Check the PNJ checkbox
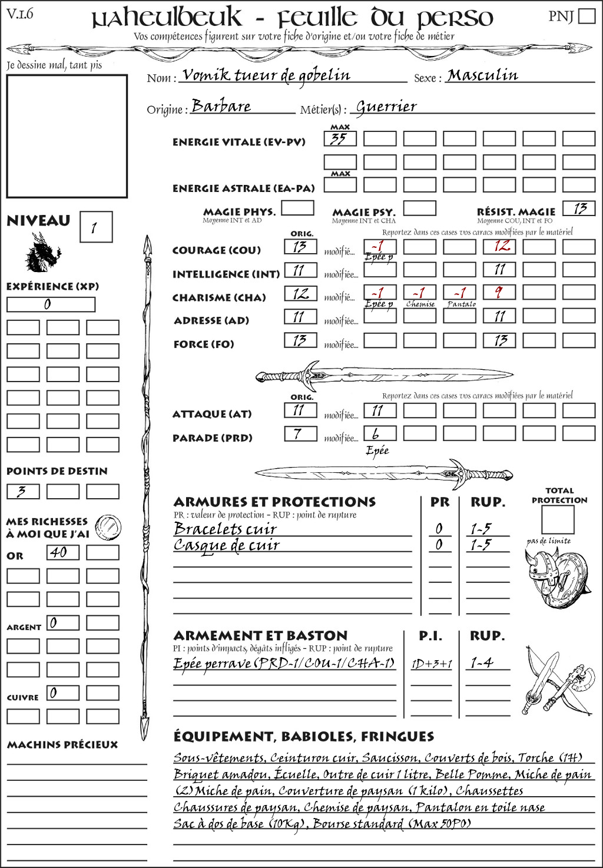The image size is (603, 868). [587, 16]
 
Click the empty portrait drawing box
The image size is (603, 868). [67, 136]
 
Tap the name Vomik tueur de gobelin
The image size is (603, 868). [266, 75]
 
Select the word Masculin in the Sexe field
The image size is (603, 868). [483, 75]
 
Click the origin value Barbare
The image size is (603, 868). [221, 106]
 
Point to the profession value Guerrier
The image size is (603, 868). [386, 107]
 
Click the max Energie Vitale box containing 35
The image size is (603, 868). [340, 139]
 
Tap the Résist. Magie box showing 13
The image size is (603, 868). [579, 208]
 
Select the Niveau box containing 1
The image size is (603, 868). [95, 227]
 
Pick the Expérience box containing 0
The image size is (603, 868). [51, 304]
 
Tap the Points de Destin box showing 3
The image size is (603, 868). [23, 491]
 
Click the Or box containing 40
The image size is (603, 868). [62, 552]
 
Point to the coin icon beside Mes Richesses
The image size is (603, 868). [108, 526]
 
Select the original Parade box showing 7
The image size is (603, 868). [300, 434]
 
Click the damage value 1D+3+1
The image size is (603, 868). [432, 664]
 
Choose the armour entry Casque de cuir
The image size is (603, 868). [227, 545]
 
